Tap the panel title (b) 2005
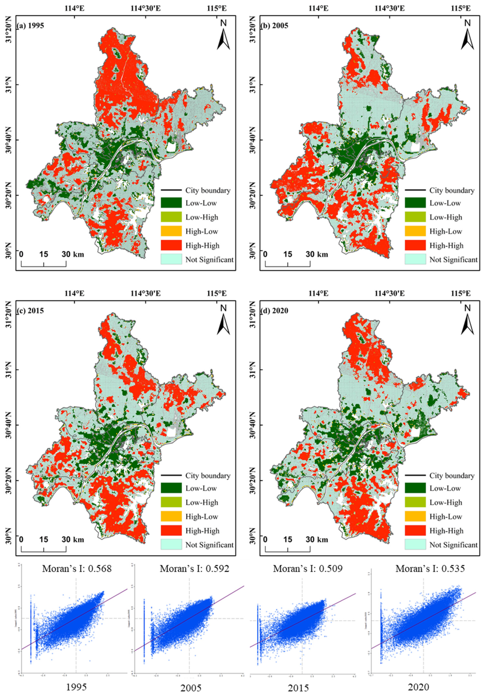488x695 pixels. point(275,26)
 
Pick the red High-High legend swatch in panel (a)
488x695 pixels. point(171,245)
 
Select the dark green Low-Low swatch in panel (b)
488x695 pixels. point(415,202)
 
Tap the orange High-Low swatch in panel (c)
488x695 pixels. point(171,516)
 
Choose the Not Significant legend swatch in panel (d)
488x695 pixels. point(415,545)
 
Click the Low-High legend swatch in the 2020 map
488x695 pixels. point(415,502)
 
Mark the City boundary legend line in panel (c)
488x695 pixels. point(171,476)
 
